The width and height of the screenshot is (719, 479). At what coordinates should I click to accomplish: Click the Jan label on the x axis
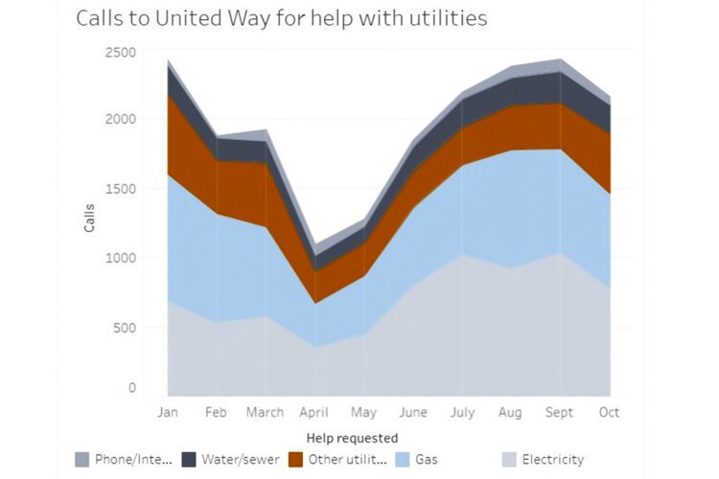168,413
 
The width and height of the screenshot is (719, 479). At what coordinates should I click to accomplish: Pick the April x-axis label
314,413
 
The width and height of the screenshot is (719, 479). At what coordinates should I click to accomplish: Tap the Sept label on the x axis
560,413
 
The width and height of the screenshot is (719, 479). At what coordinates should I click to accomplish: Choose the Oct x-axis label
610,413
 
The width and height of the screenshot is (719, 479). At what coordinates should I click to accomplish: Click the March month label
265,413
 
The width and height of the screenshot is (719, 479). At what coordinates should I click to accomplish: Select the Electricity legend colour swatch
510,460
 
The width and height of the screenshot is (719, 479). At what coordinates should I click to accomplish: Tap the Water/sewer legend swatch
190,460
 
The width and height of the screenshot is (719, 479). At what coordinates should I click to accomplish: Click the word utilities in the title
437,18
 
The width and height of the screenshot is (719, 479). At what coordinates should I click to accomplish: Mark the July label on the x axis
462,413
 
